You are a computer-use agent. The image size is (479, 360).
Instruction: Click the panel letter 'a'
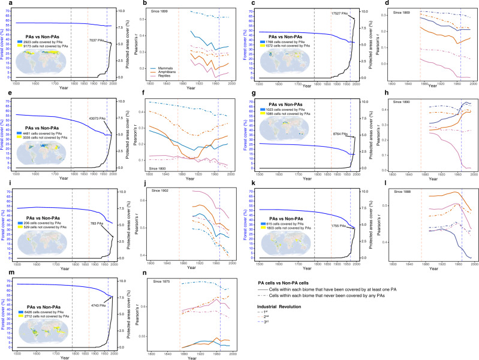2,3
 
